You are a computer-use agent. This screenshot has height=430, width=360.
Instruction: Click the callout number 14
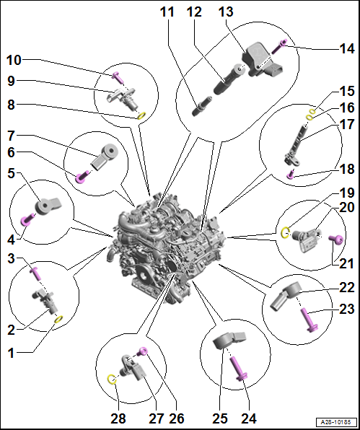(x=346, y=48)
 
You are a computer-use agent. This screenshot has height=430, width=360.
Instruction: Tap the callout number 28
(x=118, y=418)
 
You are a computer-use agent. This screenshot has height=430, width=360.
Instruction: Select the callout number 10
(x=14, y=60)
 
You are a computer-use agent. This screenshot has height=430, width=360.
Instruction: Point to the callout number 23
(x=346, y=309)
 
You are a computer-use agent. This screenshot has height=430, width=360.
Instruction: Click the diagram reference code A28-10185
(x=336, y=421)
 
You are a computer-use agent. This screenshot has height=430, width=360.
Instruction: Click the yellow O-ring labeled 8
(x=141, y=116)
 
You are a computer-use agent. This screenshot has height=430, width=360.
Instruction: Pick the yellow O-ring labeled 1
(x=59, y=319)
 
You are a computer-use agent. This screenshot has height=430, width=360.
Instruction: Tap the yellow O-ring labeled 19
(x=285, y=233)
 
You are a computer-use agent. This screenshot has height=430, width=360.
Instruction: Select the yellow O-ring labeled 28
(x=111, y=379)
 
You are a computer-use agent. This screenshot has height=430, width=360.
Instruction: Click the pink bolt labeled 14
(x=279, y=47)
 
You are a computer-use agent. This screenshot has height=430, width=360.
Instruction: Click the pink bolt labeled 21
(x=336, y=240)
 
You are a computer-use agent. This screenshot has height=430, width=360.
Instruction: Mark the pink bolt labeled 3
(x=35, y=274)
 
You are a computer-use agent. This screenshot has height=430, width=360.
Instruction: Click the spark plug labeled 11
(x=202, y=107)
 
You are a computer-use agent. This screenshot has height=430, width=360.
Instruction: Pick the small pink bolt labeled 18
(x=291, y=175)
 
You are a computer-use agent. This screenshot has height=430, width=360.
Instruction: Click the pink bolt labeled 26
(x=143, y=351)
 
